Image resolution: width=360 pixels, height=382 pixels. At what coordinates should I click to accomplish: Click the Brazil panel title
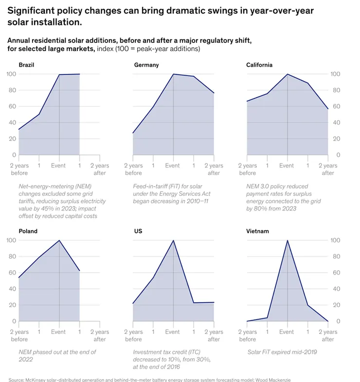(x=26, y=65)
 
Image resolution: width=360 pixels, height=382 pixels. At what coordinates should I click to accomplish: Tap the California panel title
(x=260, y=65)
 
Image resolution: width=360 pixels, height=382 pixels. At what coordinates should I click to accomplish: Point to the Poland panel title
(x=28, y=231)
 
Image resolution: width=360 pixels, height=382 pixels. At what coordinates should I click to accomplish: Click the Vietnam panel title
(x=258, y=231)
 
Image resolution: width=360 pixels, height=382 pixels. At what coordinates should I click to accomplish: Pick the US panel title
(x=138, y=231)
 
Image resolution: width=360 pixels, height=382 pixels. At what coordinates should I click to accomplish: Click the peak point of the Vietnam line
(x=287, y=240)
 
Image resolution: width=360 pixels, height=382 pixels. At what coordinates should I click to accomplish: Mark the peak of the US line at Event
(x=173, y=240)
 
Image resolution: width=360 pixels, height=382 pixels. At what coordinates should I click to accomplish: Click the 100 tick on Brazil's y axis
(x=11, y=74)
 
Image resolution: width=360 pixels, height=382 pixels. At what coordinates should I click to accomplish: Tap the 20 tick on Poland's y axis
(x=11, y=305)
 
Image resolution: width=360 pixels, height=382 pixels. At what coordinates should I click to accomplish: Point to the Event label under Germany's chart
(x=173, y=166)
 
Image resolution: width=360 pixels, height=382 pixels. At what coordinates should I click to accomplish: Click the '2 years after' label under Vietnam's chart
(x=328, y=336)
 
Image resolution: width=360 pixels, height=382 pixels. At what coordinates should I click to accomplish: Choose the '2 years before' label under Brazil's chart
(x=19, y=169)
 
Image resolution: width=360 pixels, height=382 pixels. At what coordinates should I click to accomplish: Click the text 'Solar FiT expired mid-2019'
(x=282, y=352)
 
